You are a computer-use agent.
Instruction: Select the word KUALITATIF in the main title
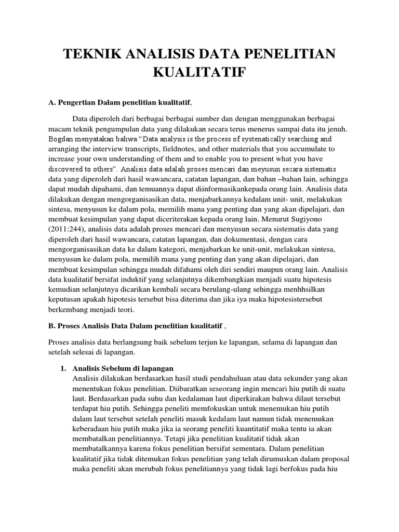199,73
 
